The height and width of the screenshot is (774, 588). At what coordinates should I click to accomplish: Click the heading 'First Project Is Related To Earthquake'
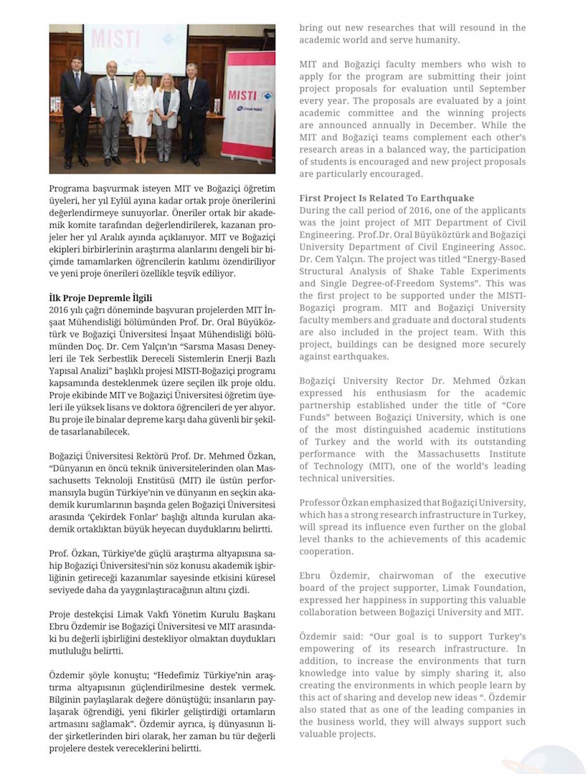click(x=387, y=198)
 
